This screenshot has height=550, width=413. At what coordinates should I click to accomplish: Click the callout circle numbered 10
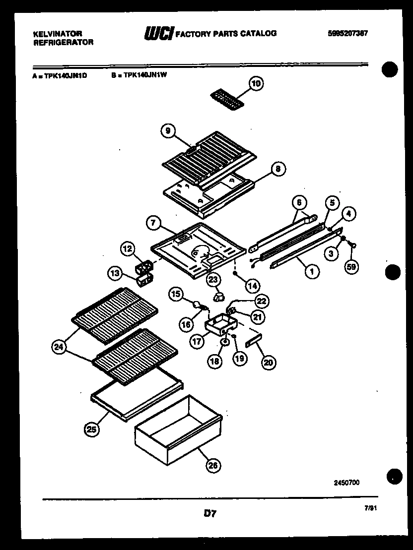tap(255, 84)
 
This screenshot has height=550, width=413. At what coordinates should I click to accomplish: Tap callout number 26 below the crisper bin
tap(212, 465)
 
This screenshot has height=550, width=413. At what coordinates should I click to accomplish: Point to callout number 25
tap(91, 429)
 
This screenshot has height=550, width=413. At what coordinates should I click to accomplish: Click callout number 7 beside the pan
tap(154, 224)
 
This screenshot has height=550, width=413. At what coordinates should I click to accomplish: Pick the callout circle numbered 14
tap(252, 285)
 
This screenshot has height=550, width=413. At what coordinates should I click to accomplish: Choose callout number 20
tap(268, 363)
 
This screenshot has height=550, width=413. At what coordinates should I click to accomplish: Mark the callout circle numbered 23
tap(213, 280)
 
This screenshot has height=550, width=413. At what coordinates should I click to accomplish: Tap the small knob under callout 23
tap(217, 297)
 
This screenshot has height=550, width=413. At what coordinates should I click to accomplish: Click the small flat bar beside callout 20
tap(253, 341)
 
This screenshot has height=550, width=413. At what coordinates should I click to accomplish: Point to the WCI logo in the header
tap(158, 34)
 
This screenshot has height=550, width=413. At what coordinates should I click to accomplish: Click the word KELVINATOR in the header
tap(57, 34)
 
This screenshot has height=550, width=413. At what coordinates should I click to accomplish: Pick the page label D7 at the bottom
tap(210, 514)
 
